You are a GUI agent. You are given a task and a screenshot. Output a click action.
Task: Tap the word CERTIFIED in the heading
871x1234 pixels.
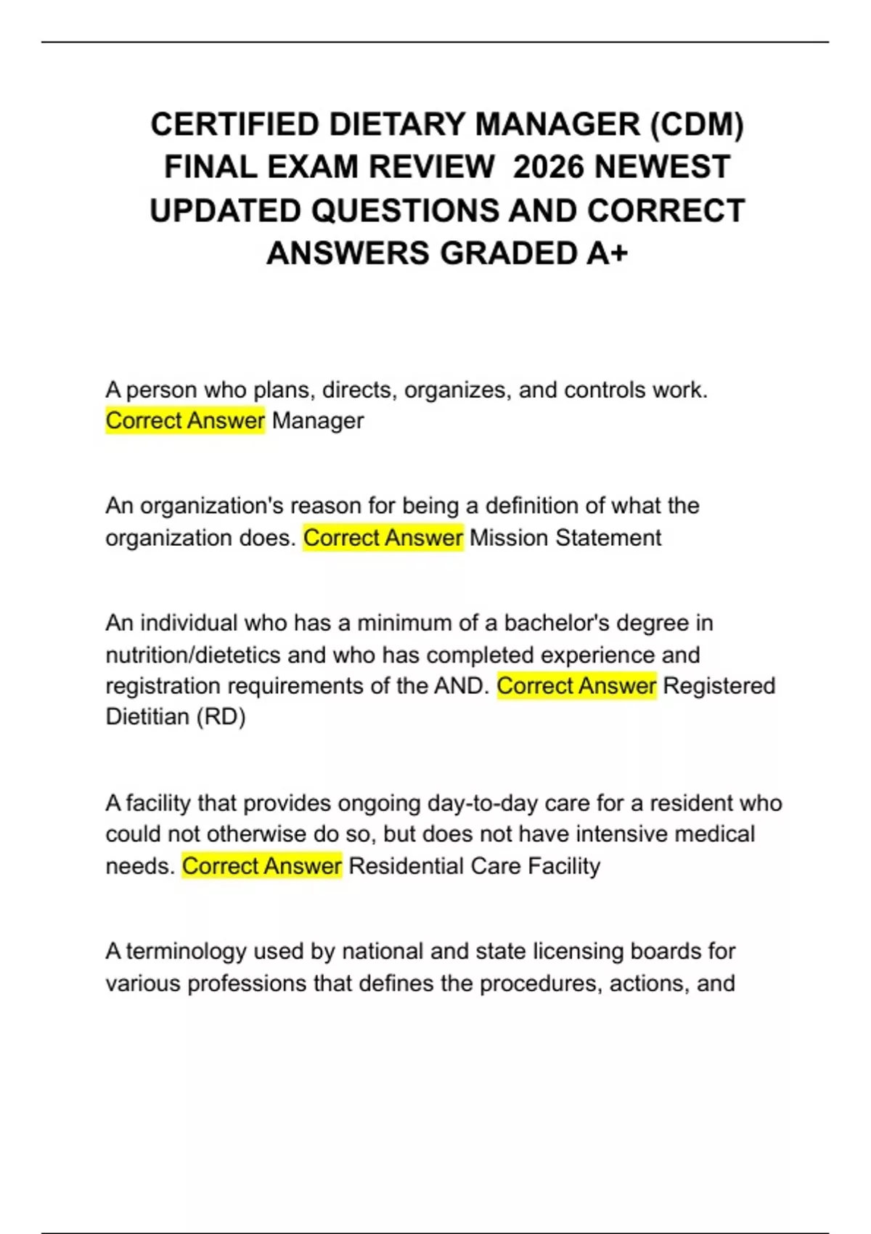234,124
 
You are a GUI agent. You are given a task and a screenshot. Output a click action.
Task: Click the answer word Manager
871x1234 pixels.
318,421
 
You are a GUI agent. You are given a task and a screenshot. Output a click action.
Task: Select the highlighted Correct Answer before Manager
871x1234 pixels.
185,421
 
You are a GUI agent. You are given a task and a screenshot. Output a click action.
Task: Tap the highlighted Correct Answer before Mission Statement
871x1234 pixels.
383,538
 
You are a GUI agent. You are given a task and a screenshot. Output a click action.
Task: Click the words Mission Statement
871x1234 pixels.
565,538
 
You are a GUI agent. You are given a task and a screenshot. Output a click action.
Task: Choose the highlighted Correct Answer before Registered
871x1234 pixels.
576,686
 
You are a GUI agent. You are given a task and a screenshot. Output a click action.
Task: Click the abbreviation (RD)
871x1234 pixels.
221,717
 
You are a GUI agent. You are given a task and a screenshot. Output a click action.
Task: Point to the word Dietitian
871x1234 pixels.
148,717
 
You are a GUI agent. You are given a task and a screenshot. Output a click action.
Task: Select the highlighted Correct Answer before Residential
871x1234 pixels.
261,866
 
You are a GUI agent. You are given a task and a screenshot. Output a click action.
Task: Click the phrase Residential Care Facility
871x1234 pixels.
475,866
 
